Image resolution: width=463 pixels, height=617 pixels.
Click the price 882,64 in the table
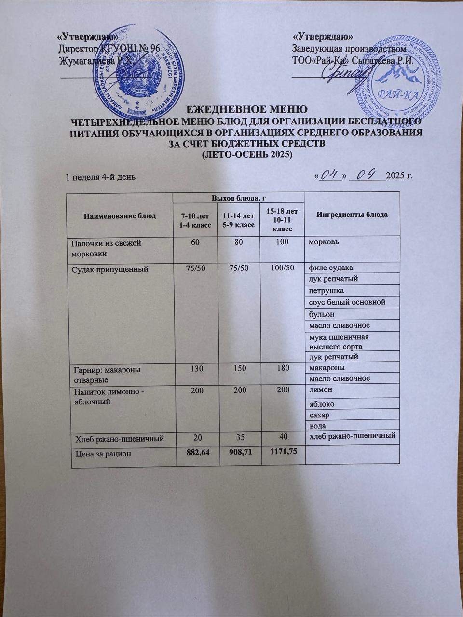point(195,454)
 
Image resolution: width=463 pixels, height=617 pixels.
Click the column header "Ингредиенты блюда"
point(352,215)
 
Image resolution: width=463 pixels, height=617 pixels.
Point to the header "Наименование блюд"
point(120,215)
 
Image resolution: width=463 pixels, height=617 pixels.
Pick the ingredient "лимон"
point(320,389)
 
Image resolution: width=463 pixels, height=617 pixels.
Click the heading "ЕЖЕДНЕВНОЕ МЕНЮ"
point(246,108)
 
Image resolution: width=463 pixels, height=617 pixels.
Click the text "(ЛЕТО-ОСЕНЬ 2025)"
point(246,155)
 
